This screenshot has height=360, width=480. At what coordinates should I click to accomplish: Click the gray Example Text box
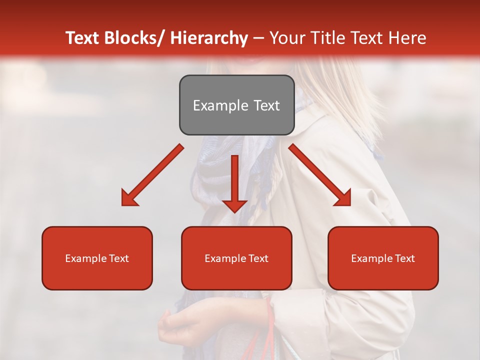point(236,105)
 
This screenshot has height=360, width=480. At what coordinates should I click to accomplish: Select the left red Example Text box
point(97,258)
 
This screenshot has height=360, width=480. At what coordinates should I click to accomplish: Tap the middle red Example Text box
point(236,258)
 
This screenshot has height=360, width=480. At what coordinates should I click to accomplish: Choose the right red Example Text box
point(383,258)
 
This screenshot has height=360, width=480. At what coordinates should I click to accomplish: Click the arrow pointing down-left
point(152,175)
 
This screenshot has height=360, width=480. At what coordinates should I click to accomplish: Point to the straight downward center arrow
point(235,182)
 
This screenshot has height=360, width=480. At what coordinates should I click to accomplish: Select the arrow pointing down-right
point(320,175)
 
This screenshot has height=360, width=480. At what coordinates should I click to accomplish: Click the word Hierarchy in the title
point(209,38)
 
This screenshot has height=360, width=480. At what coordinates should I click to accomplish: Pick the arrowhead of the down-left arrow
point(129,198)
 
